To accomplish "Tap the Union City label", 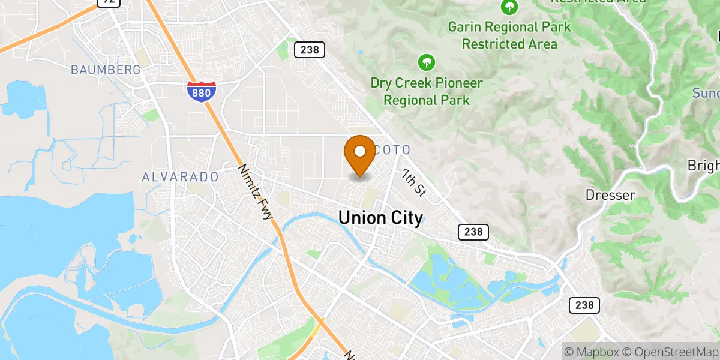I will pyautogui.click(x=380, y=218).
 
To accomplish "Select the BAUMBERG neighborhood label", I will pyautogui.click(x=106, y=70).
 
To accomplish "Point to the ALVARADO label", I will pyautogui.click(x=179, y=177).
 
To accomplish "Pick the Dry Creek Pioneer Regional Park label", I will pyautogui.click(x=426, y=91).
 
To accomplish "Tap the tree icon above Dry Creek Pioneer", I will pyautogui.click(x=426, y=62).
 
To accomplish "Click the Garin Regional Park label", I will pyautogui.click(x=509, y=35).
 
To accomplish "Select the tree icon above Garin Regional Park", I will pyautogui.click(x=509, y=7).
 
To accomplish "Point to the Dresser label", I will pyautogui.click(x=610, y=195).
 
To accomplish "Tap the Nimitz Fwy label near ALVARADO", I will pyautogui.click(x=257, y=193).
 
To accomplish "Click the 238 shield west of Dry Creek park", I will pyautogui.click(x=310, y=50).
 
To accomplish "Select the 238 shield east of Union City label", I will pyautogui.click(x=473, y=232).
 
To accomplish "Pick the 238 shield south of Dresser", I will pyautogui.click(x=584, y=305).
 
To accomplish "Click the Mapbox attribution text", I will pyautogui.click(x=589, y=351).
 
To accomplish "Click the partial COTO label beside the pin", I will pyautogui.click(x=392, y=149).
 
